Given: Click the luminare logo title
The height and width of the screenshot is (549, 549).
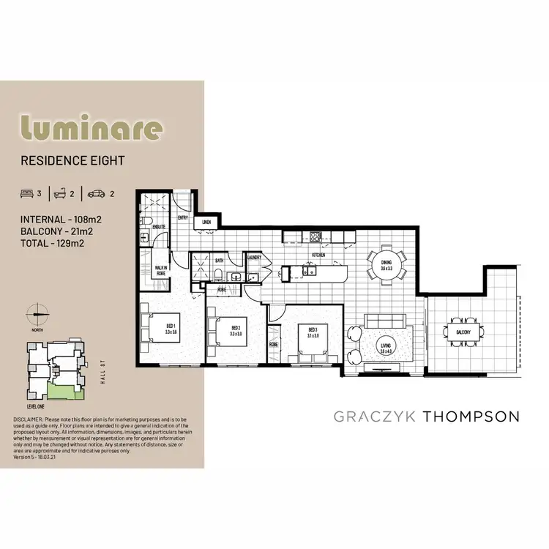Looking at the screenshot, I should (x=91, y=127).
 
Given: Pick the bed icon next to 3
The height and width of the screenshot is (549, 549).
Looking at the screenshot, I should (x=28, y=195).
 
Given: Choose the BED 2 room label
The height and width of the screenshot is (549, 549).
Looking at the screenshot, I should (x=236, y=330).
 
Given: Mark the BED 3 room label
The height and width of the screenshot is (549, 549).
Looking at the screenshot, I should (x=313, y=332).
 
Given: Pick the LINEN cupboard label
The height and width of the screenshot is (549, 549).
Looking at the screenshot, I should (x=206, y=222).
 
